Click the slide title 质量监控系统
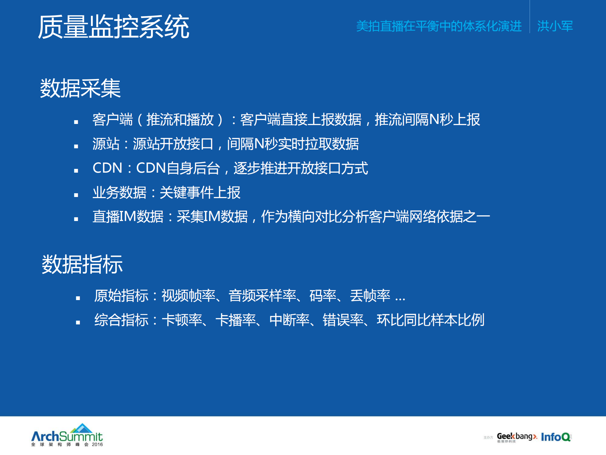point(114,27)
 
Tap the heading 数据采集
point(80,88)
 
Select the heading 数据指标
point(82,264)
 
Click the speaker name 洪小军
point(555,26)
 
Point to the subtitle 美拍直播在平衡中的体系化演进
point(439,26)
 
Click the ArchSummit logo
point(67,435)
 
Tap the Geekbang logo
point(517,437)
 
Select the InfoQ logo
point(556,437)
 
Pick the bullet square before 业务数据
point(76,195)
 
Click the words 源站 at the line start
point(106,144)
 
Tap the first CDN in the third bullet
point(107,168)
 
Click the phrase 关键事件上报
point(200,193)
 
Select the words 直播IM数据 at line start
point(128,217)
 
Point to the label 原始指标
point(121,296)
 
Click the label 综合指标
point(121,320)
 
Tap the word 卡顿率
point(182,320)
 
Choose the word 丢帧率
point(370,296)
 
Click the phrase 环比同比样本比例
point(430,320)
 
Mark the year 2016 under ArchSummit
point(97,445)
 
